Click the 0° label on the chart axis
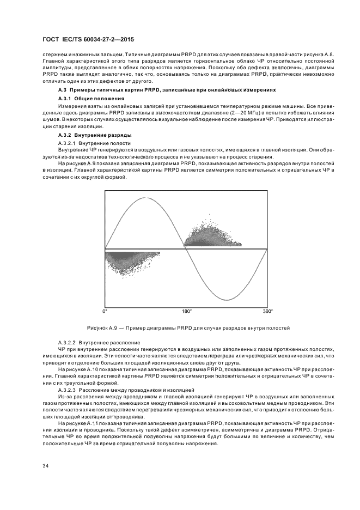tap(105, 311)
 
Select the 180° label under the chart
tap(186, 311)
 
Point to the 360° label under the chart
tap(267, 311)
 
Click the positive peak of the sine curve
tap(145, 197)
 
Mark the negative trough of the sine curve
tap(227, 300)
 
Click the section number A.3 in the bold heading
tap(62, 89)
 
